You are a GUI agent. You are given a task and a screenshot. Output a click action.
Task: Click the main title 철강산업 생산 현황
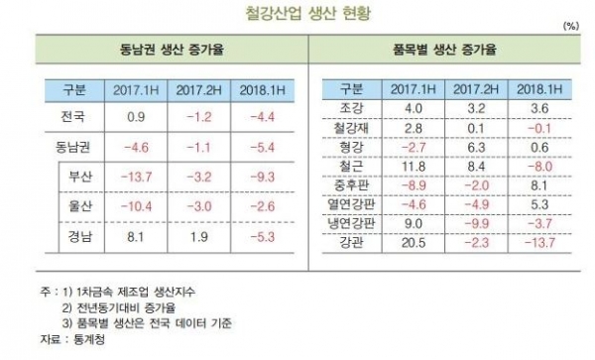pos(297,14)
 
